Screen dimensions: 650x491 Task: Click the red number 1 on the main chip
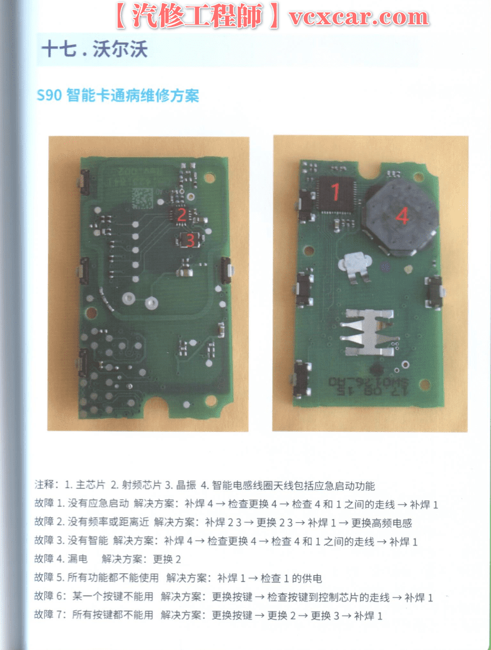(x=335, y=193)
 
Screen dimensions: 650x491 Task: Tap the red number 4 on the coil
(x=402, y=216)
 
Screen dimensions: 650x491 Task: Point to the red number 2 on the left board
(x=182, y=215)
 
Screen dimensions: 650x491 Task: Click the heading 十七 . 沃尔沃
(x=94, y=50)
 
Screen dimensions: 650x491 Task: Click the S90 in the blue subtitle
(x=49, y=97)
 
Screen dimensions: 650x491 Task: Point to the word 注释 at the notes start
(x=46, y=485)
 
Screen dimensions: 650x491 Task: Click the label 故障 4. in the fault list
(x=50, y=559)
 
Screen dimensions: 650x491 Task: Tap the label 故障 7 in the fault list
(x=49, y=615)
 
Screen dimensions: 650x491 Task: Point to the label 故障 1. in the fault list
(x=50, y=504)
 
